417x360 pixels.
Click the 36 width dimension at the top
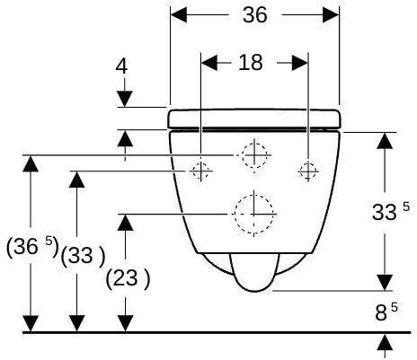[x=254, y=15]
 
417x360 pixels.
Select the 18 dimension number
[x=251, y=63]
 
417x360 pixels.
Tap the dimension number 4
[x=121, y=66]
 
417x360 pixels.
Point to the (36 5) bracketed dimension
[x=32, y=246]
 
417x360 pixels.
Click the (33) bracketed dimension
[x=83, y=256]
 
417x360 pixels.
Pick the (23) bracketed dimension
[x=128, y=278]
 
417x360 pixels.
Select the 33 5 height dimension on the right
[x=390, y=211]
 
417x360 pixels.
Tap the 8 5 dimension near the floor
[x=386, y=312]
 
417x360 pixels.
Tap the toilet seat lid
[x=254, y=119]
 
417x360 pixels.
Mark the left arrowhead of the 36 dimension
[x=179, y=14]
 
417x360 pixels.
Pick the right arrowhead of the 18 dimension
[x=300, y=63]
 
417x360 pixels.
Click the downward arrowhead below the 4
[x=125, y=99]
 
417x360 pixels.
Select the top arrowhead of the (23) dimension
[x=125, y=223]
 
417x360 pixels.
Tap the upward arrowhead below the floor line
[x=385, y=343]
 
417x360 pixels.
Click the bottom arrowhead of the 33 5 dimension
[x=385, y=283]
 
